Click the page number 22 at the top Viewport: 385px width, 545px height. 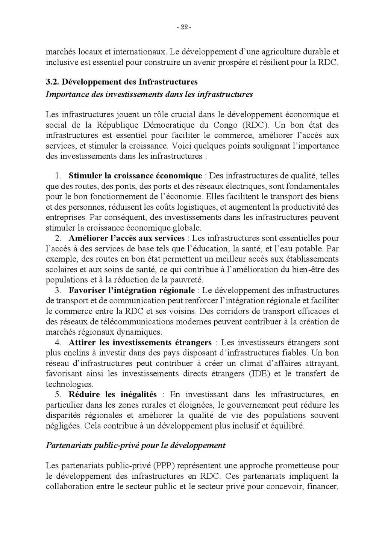coord(184,27)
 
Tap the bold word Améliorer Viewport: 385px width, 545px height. coord(87,238)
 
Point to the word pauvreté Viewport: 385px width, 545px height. coord(188,280)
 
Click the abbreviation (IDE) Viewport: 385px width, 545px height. coord(259,374)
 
